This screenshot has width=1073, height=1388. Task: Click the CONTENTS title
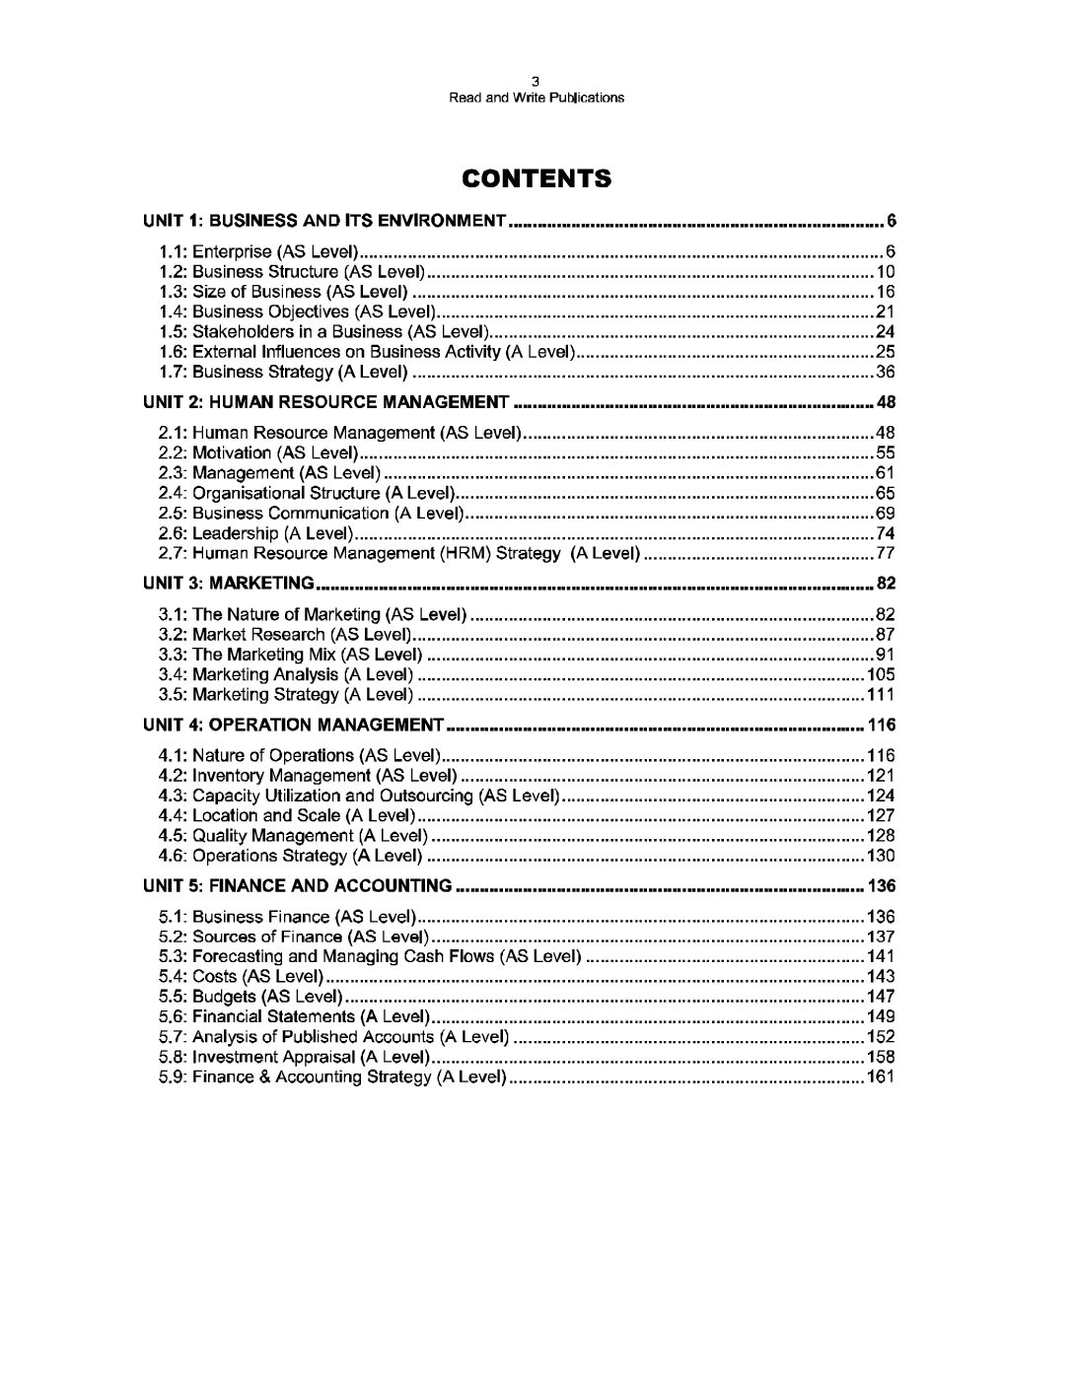536,178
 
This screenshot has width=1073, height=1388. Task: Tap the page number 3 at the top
536,83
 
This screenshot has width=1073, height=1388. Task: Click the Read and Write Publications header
536,98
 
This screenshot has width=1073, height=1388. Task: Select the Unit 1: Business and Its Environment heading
324,220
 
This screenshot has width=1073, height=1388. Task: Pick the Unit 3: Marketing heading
229,583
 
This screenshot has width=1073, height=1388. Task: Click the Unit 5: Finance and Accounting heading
298,885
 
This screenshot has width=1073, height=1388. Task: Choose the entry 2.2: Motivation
256,452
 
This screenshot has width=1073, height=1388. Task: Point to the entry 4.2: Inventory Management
307,776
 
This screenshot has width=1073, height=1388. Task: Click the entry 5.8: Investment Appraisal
293,1057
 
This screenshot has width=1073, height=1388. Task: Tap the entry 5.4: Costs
241,976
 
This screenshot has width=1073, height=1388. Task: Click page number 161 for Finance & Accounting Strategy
880,1076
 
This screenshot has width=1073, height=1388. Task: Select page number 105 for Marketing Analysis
880,674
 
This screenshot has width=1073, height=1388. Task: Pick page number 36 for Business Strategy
885,372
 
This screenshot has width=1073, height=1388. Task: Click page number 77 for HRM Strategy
885,553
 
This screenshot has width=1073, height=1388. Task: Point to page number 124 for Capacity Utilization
880,796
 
